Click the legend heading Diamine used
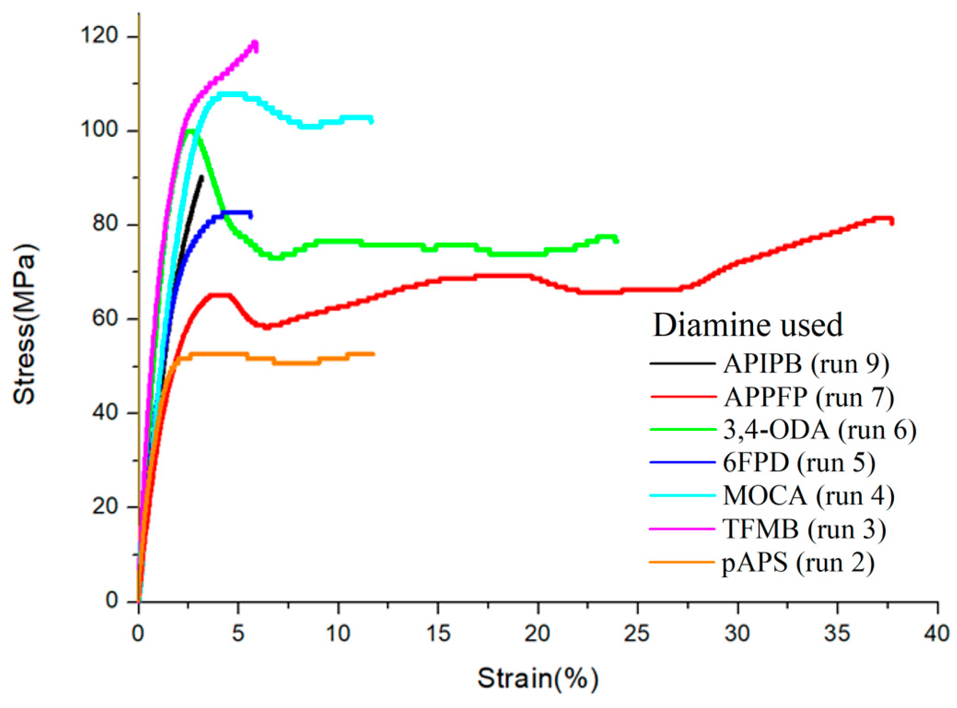point(747,325)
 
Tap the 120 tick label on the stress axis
point(99,35)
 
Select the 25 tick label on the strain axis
point(637,634)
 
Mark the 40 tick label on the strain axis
point(936,634)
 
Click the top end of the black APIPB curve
point(202,177)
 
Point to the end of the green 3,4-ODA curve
point(617,240)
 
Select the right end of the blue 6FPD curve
point(251,215)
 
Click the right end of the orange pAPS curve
point(374,354)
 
